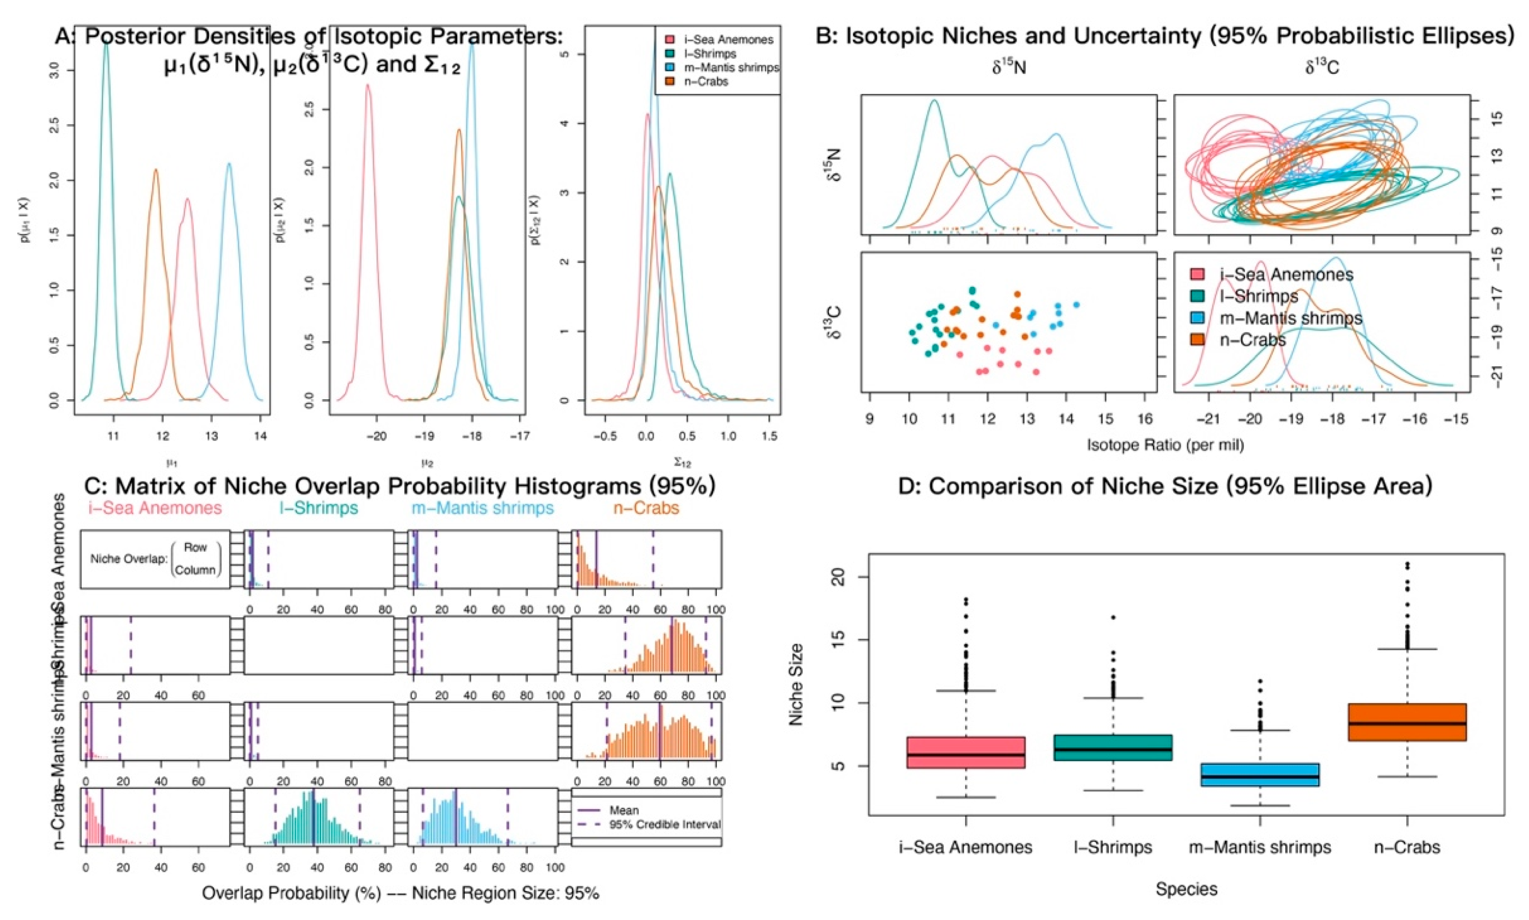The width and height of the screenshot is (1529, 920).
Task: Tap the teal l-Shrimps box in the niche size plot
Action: point(1113,748)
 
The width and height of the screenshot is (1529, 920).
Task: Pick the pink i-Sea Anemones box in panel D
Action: point(965,752)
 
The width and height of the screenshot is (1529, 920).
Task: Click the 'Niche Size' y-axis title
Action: point(797,684)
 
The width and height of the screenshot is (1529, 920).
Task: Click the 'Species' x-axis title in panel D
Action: point(1186,889)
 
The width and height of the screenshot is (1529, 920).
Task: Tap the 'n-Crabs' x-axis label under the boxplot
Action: point(1407,847)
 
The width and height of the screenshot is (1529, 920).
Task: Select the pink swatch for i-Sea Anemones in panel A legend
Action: point(663,39)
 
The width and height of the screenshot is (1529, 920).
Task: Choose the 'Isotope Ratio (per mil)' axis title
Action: point(1165,444)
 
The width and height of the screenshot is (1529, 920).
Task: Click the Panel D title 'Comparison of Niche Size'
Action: point(1165,487)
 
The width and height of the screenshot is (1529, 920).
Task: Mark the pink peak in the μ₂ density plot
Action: point(368,85)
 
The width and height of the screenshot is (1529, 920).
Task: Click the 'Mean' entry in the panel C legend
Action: point(624,810)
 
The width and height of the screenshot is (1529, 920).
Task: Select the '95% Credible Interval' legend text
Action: point(665,825)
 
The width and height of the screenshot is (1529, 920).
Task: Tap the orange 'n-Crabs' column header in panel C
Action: point(646,508)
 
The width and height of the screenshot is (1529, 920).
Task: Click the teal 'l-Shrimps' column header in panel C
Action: point(318,508)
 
